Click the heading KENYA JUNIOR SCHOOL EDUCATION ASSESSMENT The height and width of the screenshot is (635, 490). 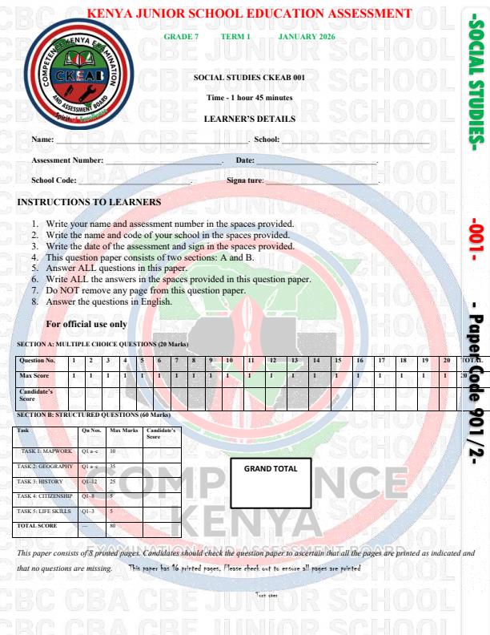(249, 14)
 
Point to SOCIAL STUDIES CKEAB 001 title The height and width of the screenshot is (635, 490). (249, 78)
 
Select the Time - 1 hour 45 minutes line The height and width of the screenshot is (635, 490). (249, 98)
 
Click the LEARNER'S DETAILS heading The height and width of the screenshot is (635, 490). (249, 119)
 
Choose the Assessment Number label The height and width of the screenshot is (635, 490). (67, 160)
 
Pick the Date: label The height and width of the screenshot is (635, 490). (245, 160)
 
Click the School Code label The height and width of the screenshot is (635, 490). (54, 180)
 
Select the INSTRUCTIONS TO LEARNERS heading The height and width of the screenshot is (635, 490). (89, 202)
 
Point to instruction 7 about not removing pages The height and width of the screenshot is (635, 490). (145, 290)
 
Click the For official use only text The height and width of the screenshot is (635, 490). (86, 324)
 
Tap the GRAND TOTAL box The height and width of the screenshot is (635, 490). (271, 483)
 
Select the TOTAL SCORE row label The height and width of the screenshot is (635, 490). (37, 526)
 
